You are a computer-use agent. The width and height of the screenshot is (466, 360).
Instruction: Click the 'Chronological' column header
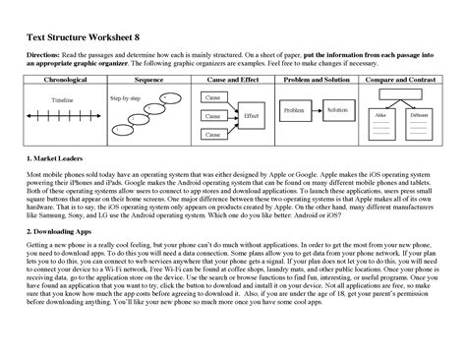[60, 77]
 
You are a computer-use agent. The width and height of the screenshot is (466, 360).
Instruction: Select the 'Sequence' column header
[147, 77]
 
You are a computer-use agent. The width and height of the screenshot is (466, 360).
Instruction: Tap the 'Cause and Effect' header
[233, 77]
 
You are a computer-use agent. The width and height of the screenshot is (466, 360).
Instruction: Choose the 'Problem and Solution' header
[317, 77]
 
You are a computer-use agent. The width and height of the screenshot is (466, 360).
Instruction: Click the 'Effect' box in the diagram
[251, 115]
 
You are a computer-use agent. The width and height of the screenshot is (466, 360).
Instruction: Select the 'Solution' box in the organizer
[338, 109]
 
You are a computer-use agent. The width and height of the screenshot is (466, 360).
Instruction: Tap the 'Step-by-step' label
[125, 99]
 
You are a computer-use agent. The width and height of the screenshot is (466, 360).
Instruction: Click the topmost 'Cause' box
[212, 99]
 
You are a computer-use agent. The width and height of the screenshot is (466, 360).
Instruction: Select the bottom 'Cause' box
[212, 132]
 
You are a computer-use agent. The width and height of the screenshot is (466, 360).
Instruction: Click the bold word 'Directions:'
[42, 52]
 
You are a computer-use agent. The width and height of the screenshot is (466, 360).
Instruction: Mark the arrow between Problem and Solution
[317, 110]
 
